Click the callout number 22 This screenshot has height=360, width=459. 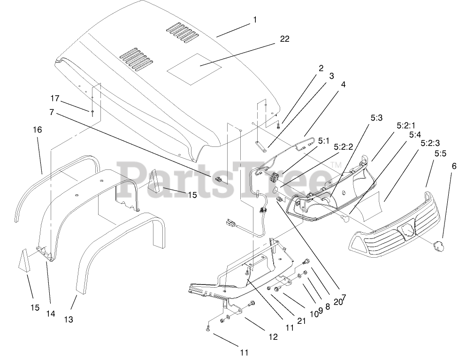284,39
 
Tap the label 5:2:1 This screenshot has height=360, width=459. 405,126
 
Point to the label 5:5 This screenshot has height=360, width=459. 440,153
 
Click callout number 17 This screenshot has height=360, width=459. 55,98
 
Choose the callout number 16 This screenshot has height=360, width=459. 37,130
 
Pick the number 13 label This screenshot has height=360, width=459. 69,320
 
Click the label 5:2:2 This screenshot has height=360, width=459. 343,147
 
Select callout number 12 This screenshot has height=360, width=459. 273,337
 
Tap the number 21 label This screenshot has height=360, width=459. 301,321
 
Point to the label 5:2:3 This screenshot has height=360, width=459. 430,143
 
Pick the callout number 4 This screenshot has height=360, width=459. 344,84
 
